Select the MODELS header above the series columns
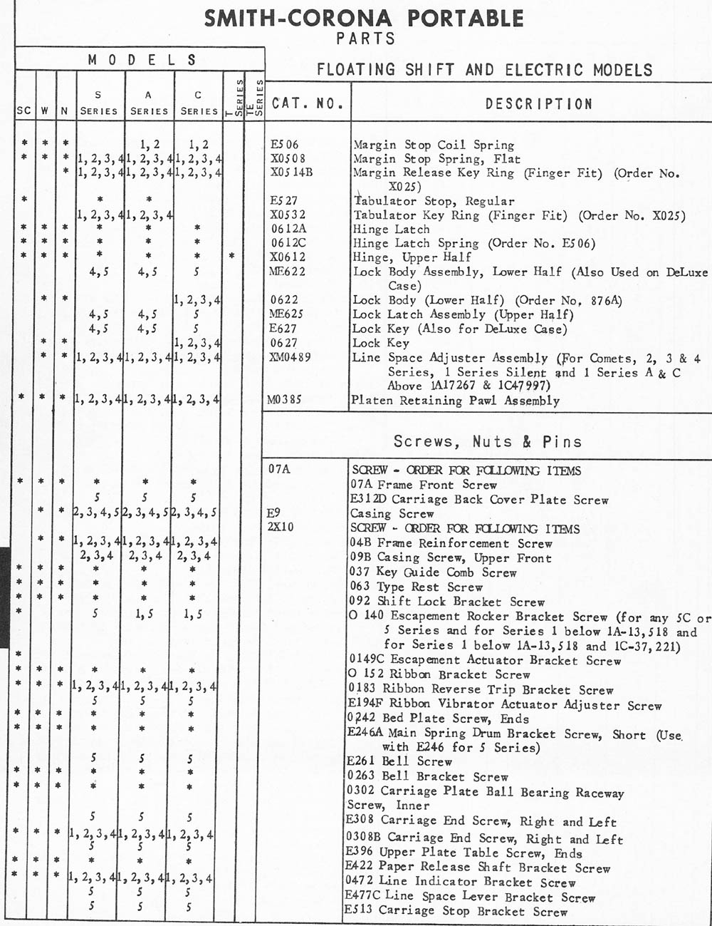pyautogui.click(x=142, y=60)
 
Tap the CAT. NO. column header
pyautogui.click(x=308, y=103)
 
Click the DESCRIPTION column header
pyautogui.click(x=538, y=104)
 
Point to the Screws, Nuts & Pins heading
pyautogui.click(x=487, y=441)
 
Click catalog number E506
pyautogui.click(x=285, y=145)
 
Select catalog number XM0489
pyautogui.click(x=290, y=357)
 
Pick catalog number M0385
pyautogui.click(x=286, y=400)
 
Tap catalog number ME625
pyautogui.click(x=288, y=314)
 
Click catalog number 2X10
pyautogui.click(x=281, y=528)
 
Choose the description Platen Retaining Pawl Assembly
pyautogui.click(x=456, y=401)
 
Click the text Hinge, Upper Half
pyautogui.click(x=412, y=257)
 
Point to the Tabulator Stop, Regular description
pyautogui.click(x=433, y=201)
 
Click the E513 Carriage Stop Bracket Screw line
pyautogui.click(x=456, y=910)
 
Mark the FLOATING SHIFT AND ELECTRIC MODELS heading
pyautogui.click(x=484, y=70)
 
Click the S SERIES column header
pyautogui.click(x=99, y=103)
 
